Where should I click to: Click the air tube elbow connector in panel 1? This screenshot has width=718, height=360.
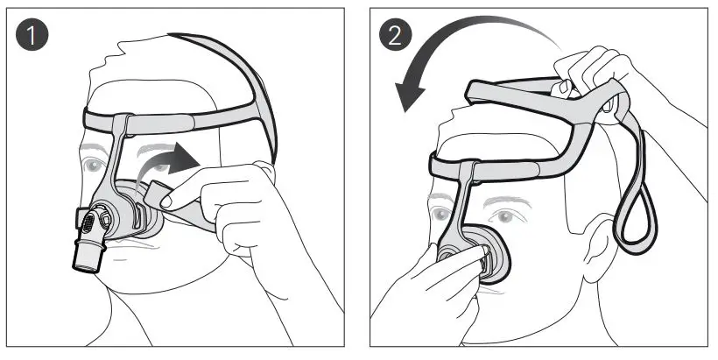pyautogui.click(x=88, y=250)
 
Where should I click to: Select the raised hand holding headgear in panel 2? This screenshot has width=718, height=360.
pyautogui.click(x=604, y=79)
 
